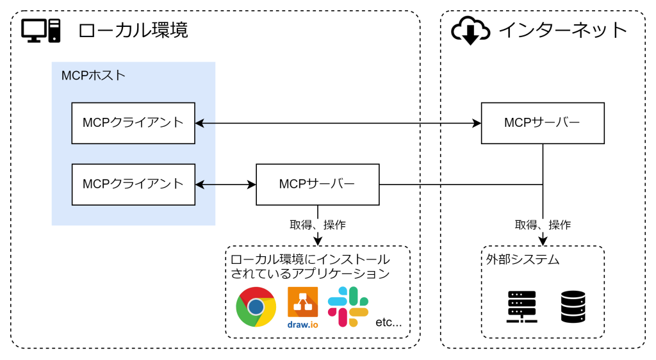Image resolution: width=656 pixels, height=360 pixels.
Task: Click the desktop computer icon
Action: tap(41, 31)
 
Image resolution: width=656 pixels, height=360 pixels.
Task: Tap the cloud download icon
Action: tap(470, 31)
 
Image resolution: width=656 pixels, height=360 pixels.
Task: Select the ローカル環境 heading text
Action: tap(133, 30)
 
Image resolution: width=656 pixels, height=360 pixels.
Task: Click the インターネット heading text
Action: tap(563, 30)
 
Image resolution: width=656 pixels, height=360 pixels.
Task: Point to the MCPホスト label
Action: tap(94, 76)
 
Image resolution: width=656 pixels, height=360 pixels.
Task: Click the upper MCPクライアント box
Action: tap(133, 122)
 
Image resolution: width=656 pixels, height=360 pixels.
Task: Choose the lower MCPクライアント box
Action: tap(133, 184)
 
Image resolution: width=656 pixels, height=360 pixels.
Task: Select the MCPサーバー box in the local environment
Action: tap(317, 184)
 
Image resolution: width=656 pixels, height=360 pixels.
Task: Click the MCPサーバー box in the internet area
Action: tap(543, 122)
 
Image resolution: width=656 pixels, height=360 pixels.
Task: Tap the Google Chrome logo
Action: tap(256, 307)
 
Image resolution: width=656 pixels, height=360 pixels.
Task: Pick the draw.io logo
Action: tap(302, 307)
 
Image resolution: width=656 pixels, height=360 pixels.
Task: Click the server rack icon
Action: tap(522, 307)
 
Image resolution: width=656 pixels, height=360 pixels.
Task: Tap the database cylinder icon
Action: tap(573, 307)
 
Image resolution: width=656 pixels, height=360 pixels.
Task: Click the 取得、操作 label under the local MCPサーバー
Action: tap(318, 225)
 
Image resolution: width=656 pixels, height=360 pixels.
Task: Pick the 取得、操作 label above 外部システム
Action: tap(543, 225)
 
